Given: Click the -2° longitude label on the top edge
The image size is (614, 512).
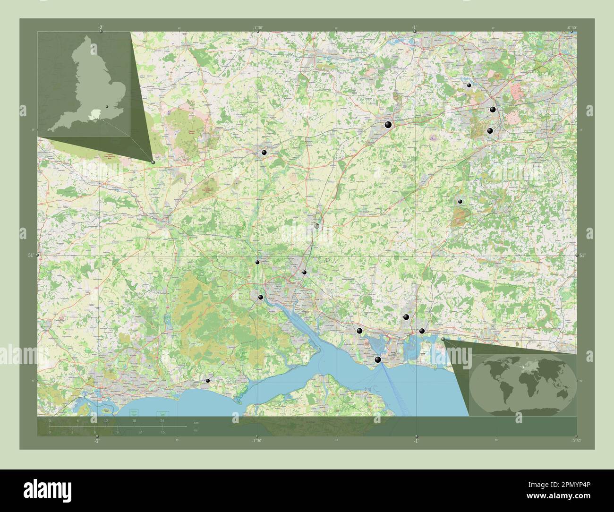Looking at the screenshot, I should click(x=101, y=27).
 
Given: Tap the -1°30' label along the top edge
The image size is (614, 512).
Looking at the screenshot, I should click(x=258, y=27).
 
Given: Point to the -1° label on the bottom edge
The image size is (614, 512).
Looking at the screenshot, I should click(x=416, y=441).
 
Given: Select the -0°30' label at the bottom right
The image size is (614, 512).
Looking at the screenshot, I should click(x=575, y=441).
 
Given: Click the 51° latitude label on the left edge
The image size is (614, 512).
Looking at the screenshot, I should click(x=31, y=256).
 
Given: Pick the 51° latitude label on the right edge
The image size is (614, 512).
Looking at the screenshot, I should click(x=582, y=256).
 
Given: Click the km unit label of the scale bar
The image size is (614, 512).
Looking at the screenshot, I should click(x=196, y=421).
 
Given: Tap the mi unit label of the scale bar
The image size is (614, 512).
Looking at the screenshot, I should click(x=196, y=431).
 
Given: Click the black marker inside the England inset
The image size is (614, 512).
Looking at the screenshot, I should click(x=107, y=107).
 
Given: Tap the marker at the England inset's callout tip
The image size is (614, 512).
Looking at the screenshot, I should click(x=153, y=162).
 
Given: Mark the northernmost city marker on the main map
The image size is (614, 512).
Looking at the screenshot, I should click(x=469, y=85).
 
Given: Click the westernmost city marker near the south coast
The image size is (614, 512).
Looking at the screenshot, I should click(x=207, y=380).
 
